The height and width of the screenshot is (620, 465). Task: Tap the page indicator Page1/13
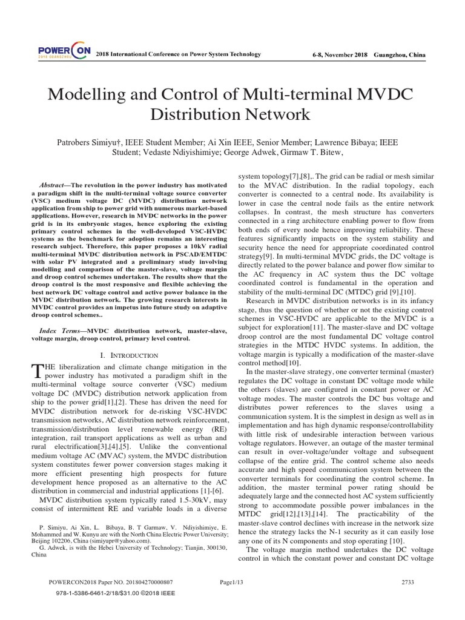point(232,582)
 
